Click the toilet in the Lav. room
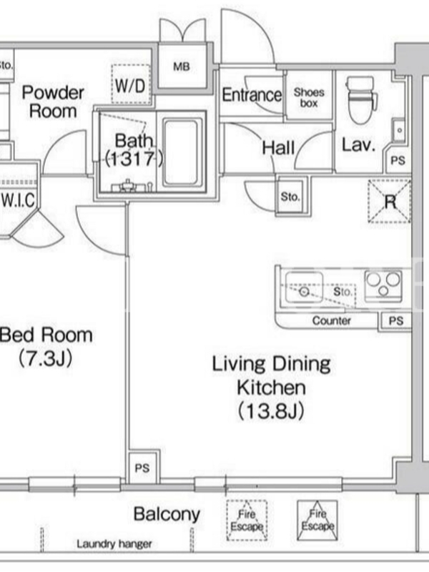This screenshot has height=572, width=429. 360,99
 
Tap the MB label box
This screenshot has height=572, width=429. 182,66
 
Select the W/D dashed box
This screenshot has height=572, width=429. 131,84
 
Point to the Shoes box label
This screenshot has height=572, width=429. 309,98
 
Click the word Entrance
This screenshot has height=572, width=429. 252,95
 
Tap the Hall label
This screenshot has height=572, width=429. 278,148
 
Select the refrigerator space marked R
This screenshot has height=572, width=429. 389,201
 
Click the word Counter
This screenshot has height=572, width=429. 331,320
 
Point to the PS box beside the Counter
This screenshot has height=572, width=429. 395,321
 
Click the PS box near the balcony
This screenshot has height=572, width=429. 142,468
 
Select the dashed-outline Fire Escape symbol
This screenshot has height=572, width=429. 247,521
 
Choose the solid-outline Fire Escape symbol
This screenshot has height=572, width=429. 317,521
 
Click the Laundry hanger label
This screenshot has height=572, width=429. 114,544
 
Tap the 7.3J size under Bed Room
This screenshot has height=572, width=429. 45,359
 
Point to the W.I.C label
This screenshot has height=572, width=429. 19,200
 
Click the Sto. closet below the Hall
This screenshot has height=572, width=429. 290,197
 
